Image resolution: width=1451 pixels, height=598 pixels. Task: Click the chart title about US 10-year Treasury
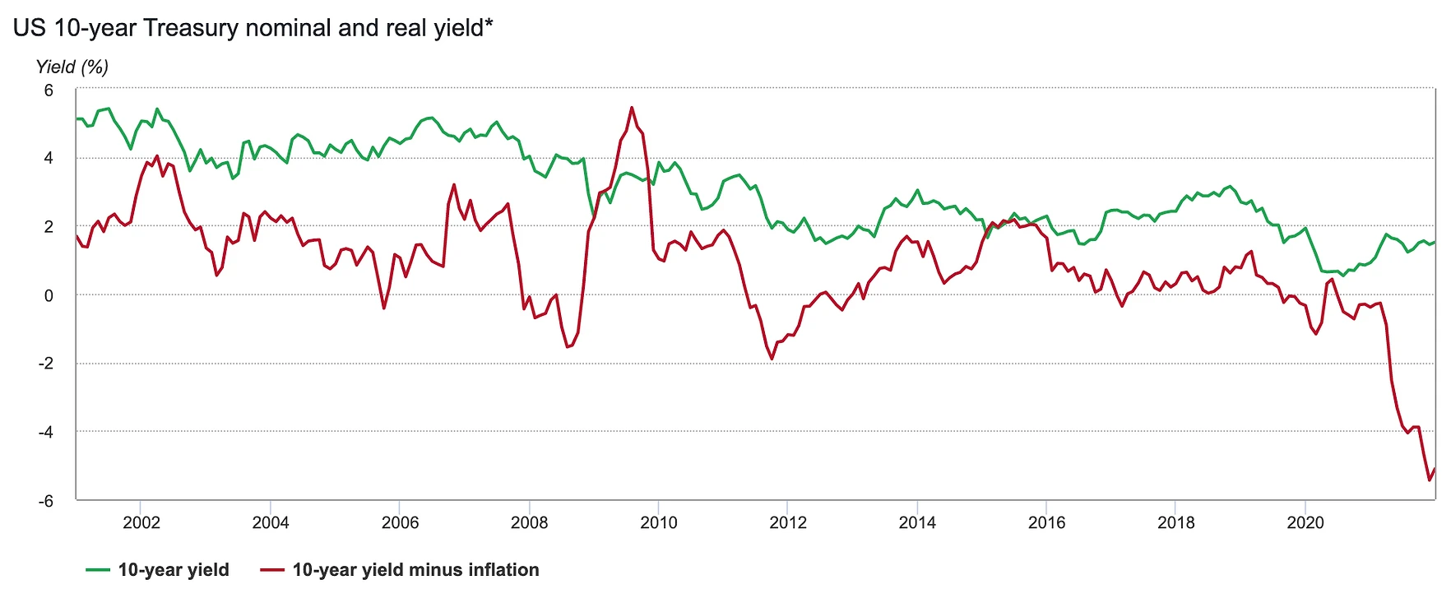coord(253,28)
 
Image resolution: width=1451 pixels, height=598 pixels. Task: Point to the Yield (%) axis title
coord(72,67)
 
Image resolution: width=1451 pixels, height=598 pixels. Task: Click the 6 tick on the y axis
coord(49,90)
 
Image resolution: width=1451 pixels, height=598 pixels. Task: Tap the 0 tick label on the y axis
coord(49,295)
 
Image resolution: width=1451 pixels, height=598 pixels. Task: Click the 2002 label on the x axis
coord(141,522)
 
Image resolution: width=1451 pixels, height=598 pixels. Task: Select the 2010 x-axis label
coord(658,522)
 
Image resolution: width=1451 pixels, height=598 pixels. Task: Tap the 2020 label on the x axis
coord(1305,522)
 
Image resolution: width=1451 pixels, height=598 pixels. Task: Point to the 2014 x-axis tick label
coord(916,522)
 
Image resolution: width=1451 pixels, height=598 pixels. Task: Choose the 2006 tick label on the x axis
coord(400,522)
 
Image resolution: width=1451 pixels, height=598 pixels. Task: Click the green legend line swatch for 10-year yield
coord(98,570)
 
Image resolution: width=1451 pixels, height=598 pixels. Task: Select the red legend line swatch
coord(272,570)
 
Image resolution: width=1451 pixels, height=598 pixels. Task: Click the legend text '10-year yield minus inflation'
coord(415,570)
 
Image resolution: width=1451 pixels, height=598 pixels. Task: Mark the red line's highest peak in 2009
coord(632,107)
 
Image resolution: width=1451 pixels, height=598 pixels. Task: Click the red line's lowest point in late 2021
coord(1430,480)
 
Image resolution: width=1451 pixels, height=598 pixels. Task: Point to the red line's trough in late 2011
coord(772,359)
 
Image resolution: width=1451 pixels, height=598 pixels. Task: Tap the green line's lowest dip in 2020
coord(1343,275)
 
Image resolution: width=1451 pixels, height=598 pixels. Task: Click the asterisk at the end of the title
coord(489,24)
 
